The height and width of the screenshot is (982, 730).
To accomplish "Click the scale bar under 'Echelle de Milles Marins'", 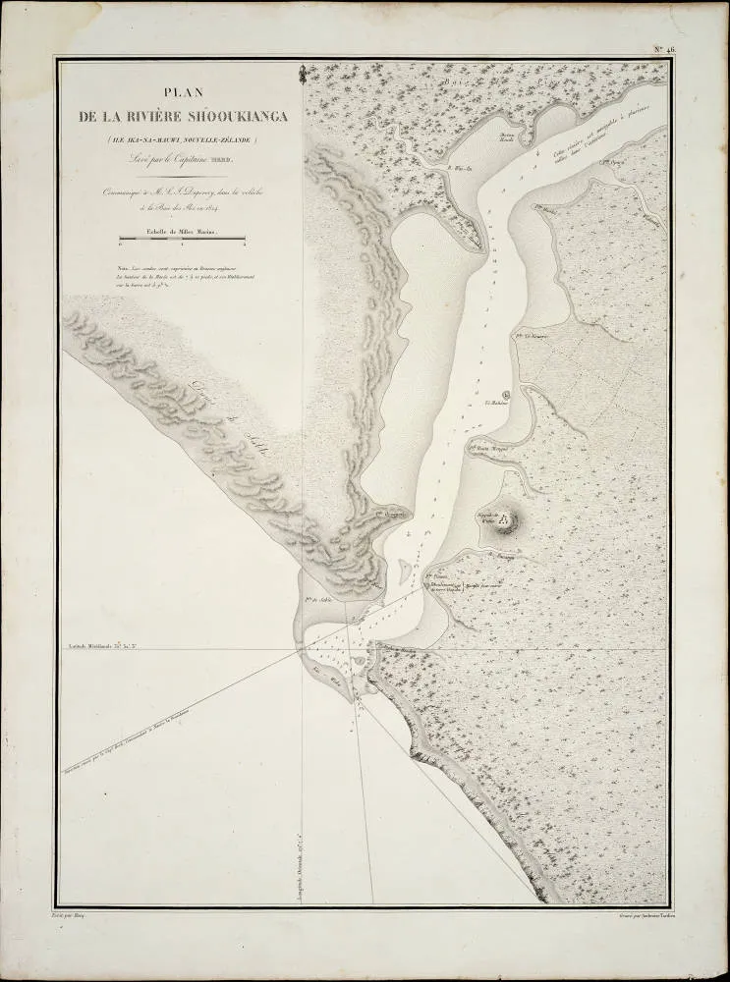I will pyautogui.click(x=180, y=238).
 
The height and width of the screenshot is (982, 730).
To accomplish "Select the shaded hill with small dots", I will pyautogui.click(x=507, y=520).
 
